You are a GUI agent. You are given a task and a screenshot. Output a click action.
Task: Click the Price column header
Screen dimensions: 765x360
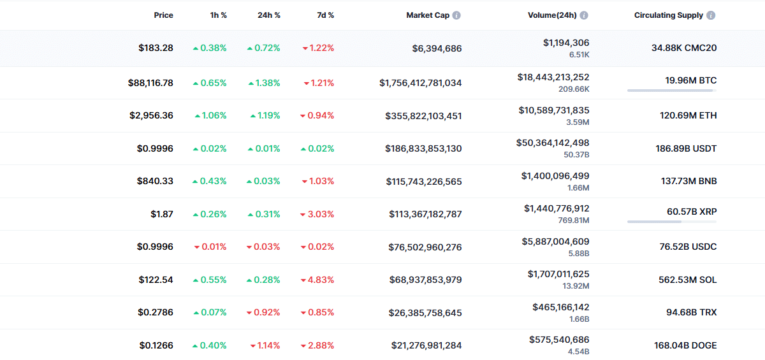[163, 15]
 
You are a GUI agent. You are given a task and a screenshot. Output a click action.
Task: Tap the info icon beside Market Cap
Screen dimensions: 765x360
[456, 15]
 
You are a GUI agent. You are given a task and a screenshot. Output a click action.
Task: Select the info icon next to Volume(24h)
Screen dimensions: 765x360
[584, 15]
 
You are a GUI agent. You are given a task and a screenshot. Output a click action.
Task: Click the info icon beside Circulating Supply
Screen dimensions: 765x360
[711, 15]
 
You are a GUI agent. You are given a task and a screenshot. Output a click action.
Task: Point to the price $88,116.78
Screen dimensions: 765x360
[150, 83]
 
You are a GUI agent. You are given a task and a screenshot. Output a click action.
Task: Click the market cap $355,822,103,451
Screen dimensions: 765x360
[423, 116]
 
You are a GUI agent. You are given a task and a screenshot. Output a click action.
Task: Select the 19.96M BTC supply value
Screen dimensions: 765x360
[691, 80]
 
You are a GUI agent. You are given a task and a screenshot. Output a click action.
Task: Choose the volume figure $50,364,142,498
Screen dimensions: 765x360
[553, 143]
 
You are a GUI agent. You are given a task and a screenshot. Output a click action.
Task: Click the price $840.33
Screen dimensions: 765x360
[155, 181]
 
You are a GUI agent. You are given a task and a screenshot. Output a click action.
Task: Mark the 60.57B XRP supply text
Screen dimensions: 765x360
[692, 212]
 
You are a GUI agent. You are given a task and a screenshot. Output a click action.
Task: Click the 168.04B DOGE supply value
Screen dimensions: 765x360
[685, 345]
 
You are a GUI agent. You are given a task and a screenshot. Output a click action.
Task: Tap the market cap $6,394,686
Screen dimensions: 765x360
[437, 48]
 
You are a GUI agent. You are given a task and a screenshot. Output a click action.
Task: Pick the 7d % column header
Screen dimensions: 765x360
[326, 15]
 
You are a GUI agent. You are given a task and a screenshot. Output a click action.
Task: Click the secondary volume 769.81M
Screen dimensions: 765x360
[574, 220]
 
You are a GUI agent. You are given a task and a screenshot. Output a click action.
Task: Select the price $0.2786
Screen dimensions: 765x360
[156, 312]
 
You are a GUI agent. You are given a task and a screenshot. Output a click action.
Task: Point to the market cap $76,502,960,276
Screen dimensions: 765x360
[425, 247]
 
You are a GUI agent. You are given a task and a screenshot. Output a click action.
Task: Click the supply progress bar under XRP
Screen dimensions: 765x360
[672, 222]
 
